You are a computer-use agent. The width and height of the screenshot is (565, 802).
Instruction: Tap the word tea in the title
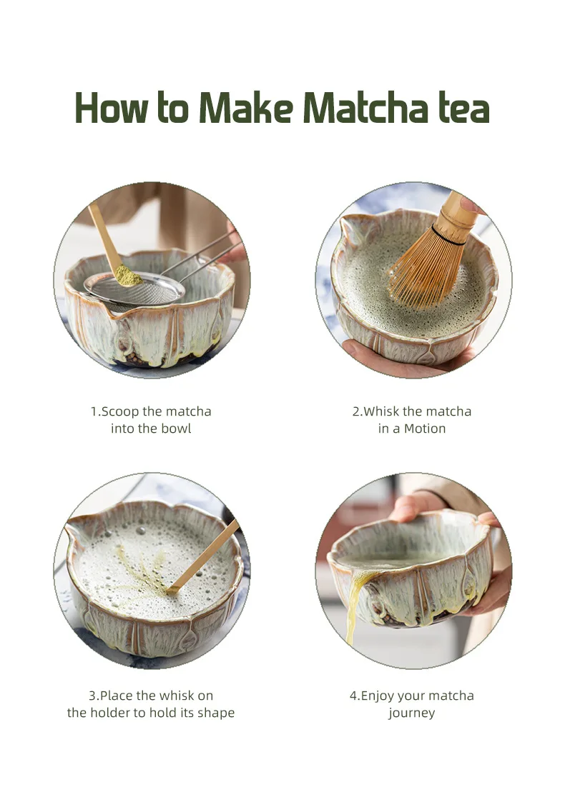(x=461, y=109)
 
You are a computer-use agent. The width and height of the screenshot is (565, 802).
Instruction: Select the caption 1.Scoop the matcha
(x=151, y=411)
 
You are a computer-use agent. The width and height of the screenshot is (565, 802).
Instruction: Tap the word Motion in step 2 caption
(x=425, y=428)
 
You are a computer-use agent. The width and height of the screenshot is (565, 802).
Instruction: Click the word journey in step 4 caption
(x=412, y=713)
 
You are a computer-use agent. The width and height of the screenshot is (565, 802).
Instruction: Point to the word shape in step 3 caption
(x=216, y=713)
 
